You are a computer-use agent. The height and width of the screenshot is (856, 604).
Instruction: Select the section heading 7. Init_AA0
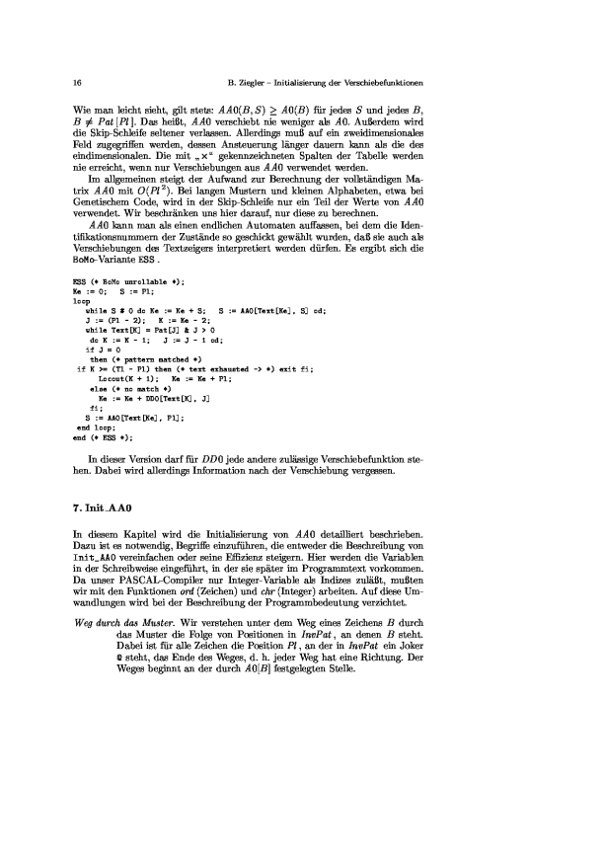coord(106,506)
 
